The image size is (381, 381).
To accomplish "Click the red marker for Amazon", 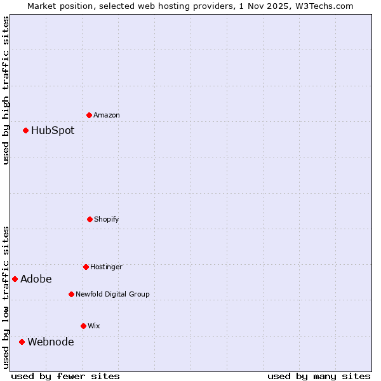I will [90, 115].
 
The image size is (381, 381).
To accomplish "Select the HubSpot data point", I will [26, 130].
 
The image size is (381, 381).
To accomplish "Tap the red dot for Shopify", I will [90, 219].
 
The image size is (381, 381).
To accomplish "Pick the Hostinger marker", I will [86, 267].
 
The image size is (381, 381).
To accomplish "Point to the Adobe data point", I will [15, 279].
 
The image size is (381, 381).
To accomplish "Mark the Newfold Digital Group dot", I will [71, 294].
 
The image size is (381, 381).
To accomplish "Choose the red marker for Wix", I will [83, 326].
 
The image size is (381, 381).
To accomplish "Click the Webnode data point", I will [22, 342].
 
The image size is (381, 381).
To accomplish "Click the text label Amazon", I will [107, 115].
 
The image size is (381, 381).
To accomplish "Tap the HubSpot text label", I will [53, 130].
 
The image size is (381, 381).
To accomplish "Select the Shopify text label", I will [107, 219].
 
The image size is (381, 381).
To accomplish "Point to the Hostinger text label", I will [106, 267].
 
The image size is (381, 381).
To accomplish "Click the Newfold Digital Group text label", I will [112, 294].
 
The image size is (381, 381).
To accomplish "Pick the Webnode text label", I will [51, 342].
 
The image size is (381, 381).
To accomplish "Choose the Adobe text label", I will [36, 279].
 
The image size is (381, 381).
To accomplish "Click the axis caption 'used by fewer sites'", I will [65, 376].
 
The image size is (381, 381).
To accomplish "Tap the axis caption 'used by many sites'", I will [319, 376].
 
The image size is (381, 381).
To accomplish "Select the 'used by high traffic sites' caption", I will [6, 90].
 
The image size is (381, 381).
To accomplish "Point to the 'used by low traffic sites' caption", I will [6, 297].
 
